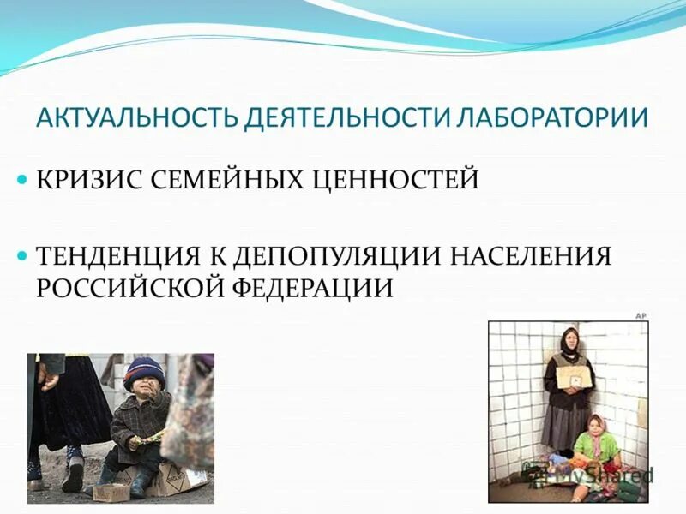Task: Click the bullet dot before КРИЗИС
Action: click(23, 182)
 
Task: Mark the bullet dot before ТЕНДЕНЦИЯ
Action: click(23, 256)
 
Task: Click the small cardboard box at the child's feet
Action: click(111, 490)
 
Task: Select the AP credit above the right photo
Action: click(640, 315)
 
